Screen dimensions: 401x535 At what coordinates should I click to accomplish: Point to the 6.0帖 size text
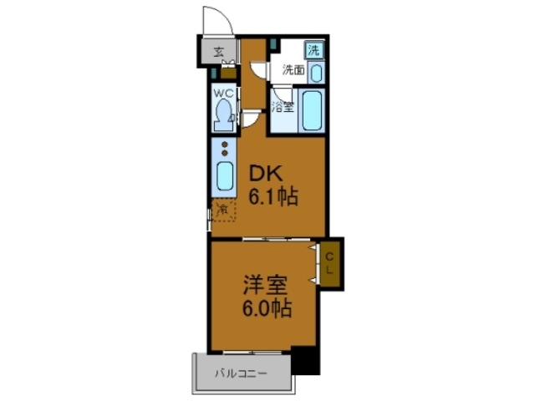267,309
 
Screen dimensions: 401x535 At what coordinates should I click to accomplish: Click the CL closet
329,263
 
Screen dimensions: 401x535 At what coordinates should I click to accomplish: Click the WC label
222,93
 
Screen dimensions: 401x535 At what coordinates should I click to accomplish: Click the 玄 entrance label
219,52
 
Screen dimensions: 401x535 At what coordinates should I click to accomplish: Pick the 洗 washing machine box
313,49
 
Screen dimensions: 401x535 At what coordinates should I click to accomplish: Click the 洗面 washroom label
292,72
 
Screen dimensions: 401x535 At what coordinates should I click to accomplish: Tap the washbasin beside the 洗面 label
315,72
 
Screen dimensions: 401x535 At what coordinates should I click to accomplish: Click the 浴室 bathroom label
283,106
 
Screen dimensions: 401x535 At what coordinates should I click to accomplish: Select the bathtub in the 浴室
313,113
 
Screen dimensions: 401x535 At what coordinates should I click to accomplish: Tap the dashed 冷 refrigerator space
223,210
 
